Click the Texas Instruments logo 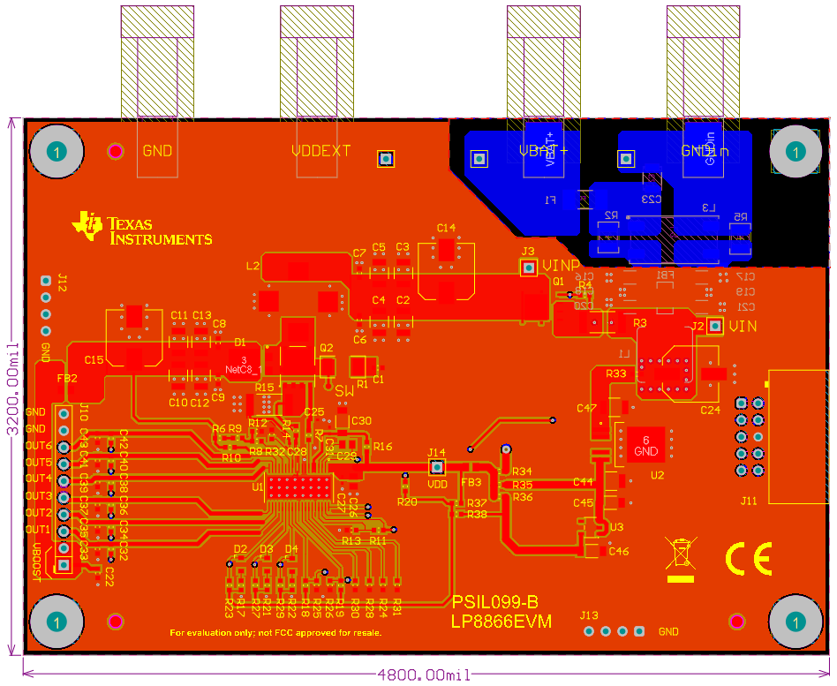(x=143, y=228)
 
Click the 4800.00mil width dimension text (x=424, y=675)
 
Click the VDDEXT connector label (x=320, y=151)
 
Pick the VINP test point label (x=562, y=266)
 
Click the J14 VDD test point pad (x=437, y=466)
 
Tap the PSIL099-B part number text (x=495, y=603)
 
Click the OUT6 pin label (x=39, y=446)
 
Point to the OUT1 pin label (x=39, y=530)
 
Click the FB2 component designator (x=67, y=378)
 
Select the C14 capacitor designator (x=446, y=228)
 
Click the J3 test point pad (x=528, y=268)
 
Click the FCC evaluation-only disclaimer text (x=275, y=633)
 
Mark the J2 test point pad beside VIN (x=715, y=328)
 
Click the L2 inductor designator (x=253, y=265)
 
